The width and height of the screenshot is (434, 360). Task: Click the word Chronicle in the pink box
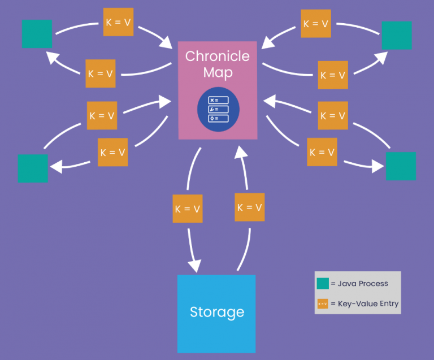click(x=218, y=57)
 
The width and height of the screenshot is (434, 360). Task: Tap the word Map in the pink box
click(x=218, y=73)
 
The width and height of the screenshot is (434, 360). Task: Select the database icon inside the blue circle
click(x=218, y=110)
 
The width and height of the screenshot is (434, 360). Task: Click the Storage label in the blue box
click(x=217, y=312)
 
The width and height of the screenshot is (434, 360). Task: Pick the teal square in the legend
click(x=323, y=284)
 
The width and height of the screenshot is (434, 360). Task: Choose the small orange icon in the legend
click(x=323, y=303)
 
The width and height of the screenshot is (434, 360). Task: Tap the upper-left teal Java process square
click(x=37, y=34)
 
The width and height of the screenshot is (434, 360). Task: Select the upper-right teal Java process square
click(x=396, y=35)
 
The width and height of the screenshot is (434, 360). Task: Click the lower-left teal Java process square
click(x=33, y=168)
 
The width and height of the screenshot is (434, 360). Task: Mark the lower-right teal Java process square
click(x=401, y=166)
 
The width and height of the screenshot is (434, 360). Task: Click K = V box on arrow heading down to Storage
click(x=187, y=208)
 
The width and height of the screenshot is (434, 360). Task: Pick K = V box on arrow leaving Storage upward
click(x=249, y=207)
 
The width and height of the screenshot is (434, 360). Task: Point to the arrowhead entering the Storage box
click(x=195, y=266)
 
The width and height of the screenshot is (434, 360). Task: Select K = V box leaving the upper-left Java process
click(x=118, y=23)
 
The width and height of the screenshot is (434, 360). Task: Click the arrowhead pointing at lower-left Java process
click(x=55, y=166)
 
